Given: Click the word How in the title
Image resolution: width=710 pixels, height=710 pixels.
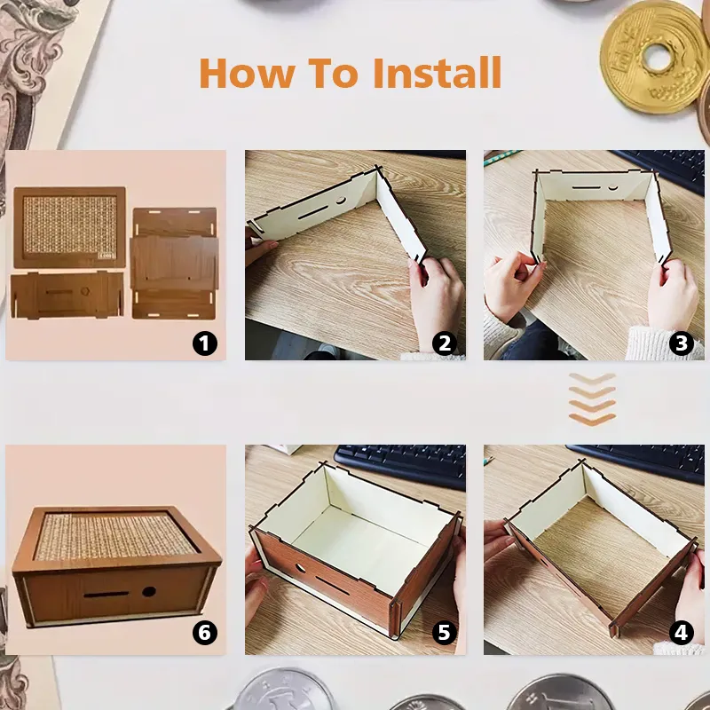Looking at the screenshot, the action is pyautogui.click(x=248, y=73).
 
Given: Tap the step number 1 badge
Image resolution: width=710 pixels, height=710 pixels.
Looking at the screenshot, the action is pyautogui.click(x=205, y=343).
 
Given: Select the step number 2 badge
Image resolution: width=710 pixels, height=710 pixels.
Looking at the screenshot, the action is pyautogui.click(x=445, y=343).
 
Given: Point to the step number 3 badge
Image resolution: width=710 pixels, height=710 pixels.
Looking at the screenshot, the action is pyautogui.click(x=682, y=343).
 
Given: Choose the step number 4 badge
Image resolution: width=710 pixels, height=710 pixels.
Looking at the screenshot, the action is pyautogui.click(x=682, y=633).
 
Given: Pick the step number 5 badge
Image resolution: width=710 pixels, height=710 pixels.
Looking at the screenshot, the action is pyautogui.click(x=445, y=633).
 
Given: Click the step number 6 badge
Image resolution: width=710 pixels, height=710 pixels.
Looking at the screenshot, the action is pyautogui.click(x=205, y=633).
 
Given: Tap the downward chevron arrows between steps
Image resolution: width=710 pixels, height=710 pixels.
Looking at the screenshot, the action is pyautogui.click(x=592, y=398).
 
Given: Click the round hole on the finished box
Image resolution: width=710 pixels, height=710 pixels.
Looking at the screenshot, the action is pyautogui.click(x=148, y=591).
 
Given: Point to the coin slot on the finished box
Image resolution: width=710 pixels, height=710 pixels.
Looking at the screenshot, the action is pyautogui.click(x=106, y=594).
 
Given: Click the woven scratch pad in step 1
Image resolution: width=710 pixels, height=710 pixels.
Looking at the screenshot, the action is pyautogui.click(x=70, y=225).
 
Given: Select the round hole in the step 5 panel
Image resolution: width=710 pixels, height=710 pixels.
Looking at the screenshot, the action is pyautogui.click(x=300, y=567).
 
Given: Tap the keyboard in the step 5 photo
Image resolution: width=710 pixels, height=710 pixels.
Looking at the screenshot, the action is pyautogui.click(x=401, y=468).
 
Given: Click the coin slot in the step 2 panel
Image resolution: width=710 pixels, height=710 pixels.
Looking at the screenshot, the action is pyautogui.click(x=312, y=211).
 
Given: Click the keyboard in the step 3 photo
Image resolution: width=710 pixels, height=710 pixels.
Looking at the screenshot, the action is pyautogui.click(x=661, y=169).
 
